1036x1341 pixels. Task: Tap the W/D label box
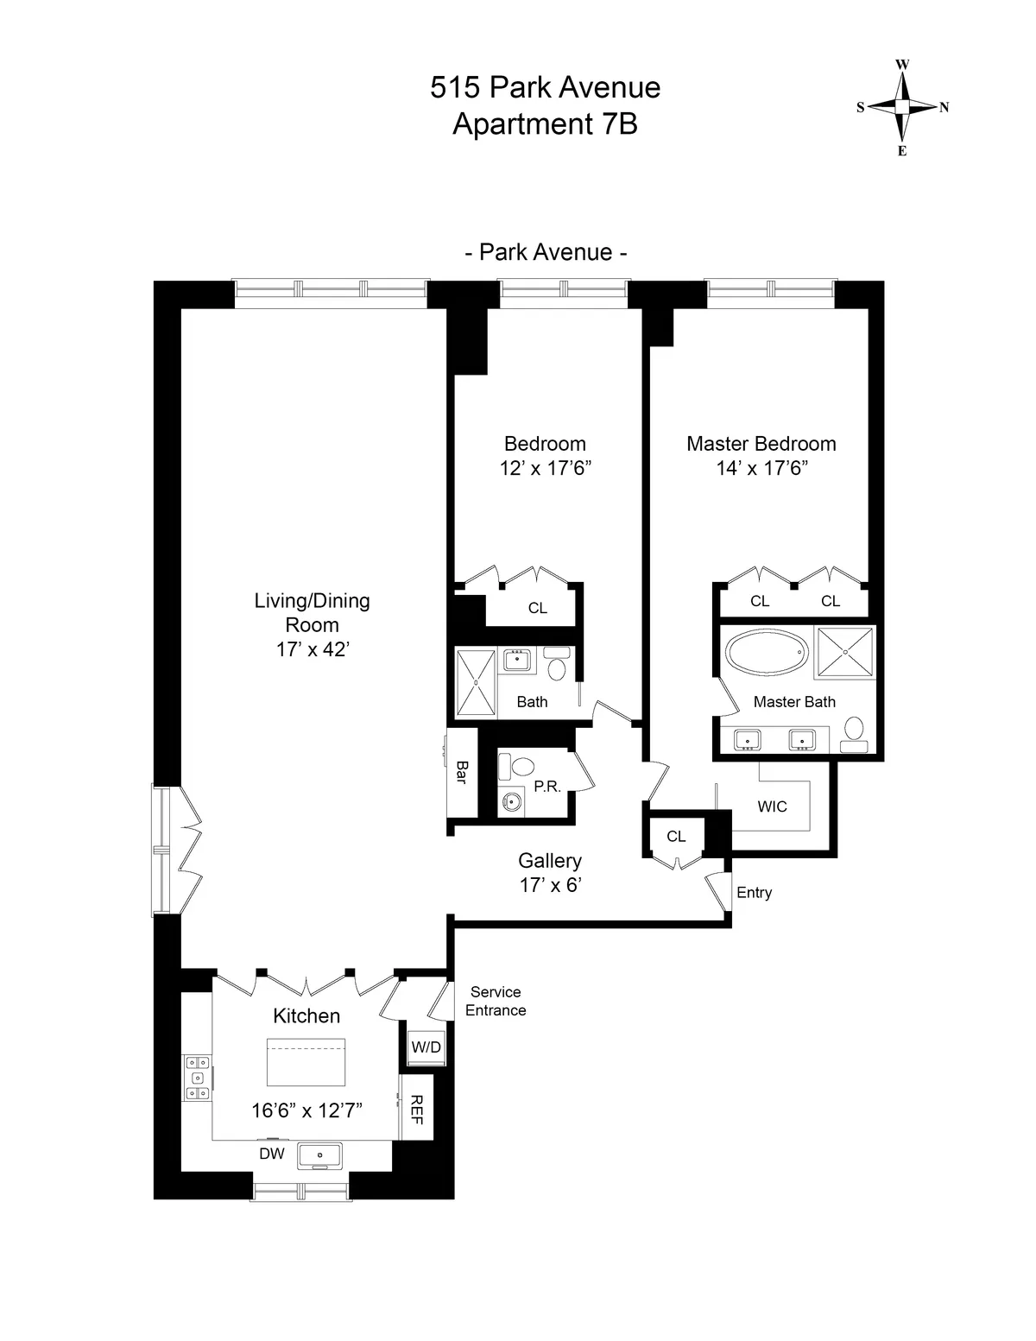click(x=426, y=1047)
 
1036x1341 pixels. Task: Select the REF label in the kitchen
click(x=416, y=1109)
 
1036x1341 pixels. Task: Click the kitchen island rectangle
click(x=306, y=1062)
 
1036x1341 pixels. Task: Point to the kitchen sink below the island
click(x=319, y=1154)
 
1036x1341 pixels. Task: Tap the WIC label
click(x=772, y=806)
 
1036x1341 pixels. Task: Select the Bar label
click(x=461, y=772)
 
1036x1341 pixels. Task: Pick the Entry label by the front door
click(x=754, y=893)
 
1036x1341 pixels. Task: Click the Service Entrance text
click(x=496, y=1002)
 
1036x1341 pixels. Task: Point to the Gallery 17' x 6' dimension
click(x=550, y=884)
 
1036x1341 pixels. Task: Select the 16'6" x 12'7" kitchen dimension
click(x=306, y=1110)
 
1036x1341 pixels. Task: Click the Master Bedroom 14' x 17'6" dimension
click(x=761, y=468)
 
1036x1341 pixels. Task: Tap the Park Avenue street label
click(x=546, y=252)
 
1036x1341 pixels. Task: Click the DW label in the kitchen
click(x=272, y=1154)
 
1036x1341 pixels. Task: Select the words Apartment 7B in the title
click(x=545, y=124)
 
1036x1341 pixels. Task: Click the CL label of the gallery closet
click(x=676, y=836)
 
